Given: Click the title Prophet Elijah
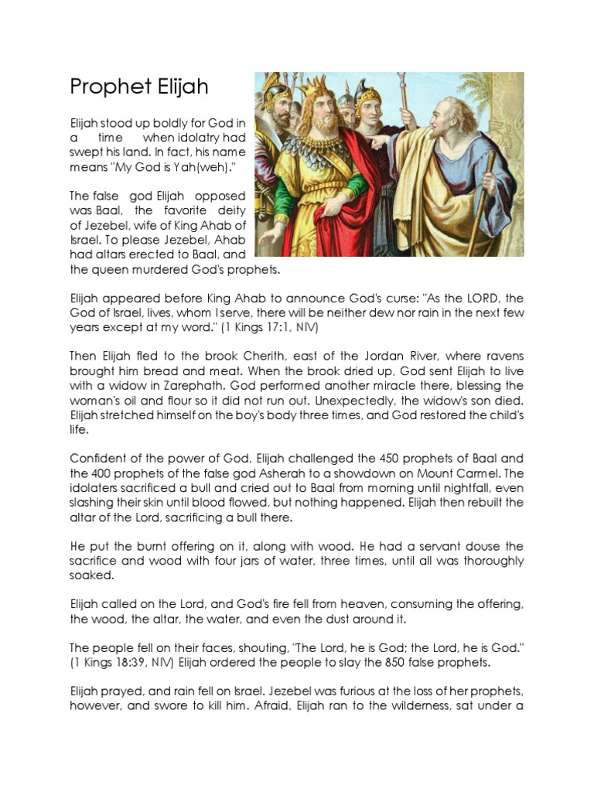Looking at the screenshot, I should [x=139, y=86].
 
